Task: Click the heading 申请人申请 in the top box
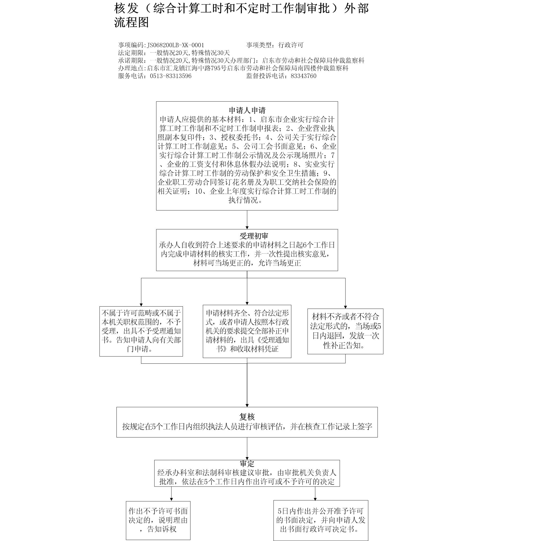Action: point(247,110)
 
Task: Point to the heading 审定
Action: point(247,464)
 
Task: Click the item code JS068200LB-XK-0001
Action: point(176,45)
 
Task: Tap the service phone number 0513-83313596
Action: point(171,76)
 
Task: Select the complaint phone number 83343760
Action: point(304,76)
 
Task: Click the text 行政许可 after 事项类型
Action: point(291,45)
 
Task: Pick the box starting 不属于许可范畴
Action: point(141,331)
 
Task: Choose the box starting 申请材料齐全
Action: point(247,331)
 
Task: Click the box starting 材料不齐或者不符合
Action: point(345,331)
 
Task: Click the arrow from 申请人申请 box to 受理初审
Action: point(247,220)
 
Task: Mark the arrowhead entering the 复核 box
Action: point(247,405)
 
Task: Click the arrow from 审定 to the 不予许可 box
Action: point(171,498)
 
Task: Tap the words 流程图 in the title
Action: point(131,23)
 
